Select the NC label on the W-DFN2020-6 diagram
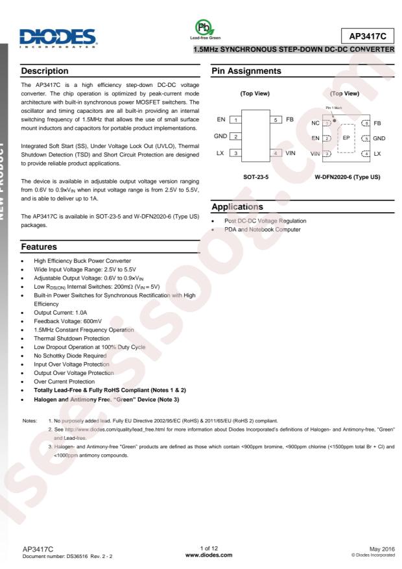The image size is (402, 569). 315,123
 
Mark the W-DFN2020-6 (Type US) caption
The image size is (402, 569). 348,175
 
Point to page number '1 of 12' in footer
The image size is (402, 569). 201,548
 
